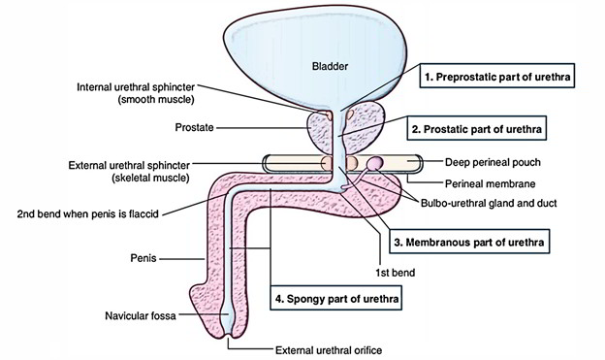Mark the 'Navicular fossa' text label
click(146, 315)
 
